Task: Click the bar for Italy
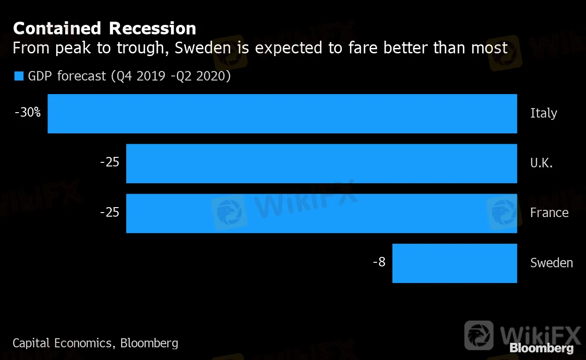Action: [x=282, y=114]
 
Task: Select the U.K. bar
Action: [x=321, y=163]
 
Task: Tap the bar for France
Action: [x=321, y=213]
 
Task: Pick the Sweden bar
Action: [x=454, y=263]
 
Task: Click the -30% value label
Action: [x=28, y=113]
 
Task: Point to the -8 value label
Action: [x=379, y=262]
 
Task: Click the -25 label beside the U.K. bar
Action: [x=109, y=162]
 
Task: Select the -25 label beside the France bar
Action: [x=109, y=212]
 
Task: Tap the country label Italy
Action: [x=543, y=113]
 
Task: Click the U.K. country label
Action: [x=541, y=163]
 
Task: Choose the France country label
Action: [x=549, y=213]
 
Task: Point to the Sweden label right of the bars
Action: [x=552, y=262]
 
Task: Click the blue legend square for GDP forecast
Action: [x=19, y=76]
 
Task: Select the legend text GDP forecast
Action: [x=67, y=76]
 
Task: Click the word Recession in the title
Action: [x=152, y=28]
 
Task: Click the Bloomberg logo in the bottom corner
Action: [x=541, y=348]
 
